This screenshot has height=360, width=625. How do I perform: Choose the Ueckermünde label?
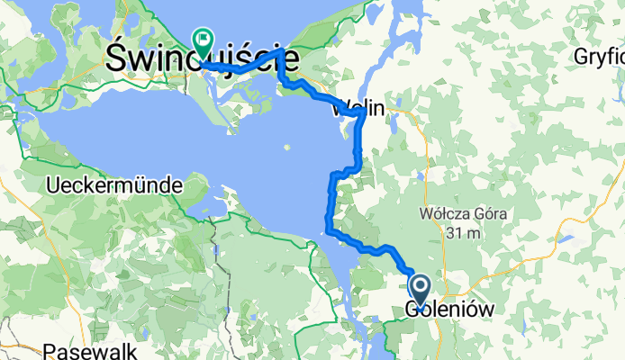pyautogui.click(x=113, y=186)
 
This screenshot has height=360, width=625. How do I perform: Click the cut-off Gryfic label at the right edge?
pyautogui.click(x=599, y=57)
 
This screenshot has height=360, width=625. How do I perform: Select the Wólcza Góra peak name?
pyautogui.click(x=464, y=215)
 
